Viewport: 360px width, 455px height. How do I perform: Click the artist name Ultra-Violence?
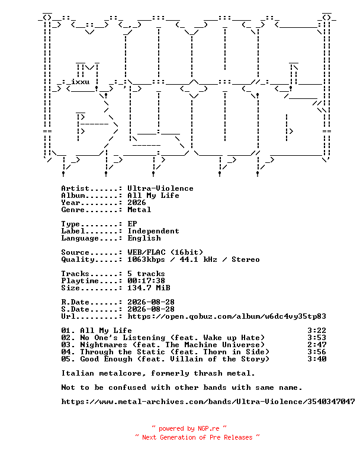pyautogui.click(x=160, y=188)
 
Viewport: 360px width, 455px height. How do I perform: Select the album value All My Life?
pyautogui.click(x=153, y=196)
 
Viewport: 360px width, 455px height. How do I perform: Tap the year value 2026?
pyautogui.click(x=137, y=203)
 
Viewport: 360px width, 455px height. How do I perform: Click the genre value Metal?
pyautogui.click(x=139, y=210)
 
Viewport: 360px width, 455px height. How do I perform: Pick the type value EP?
pyautogui.click(x=132, y=224)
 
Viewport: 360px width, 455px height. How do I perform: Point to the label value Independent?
pyautogui.click(x=153, y=231)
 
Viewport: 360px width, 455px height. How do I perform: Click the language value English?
pyautogui.click(x=144, y=238)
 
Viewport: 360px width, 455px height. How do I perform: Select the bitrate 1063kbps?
pyautogui.click(x=146, y=259)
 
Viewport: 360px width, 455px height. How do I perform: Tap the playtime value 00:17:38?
pyautogui.click(x=146, y=281)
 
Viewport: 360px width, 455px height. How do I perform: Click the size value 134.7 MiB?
pyautogui.click(x=149, y=288)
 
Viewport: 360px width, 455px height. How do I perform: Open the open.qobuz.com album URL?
pyautogui.click(x=227, y=316)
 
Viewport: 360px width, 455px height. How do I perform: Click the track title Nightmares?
pyautogui.click(x=104, y=345)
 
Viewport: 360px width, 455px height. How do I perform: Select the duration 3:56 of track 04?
pyautogui.click(x=317, y=352)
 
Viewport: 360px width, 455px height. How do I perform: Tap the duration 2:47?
pyautogui.click(x=317, y=345)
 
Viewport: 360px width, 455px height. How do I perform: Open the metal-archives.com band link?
pyautogui.click(x=208, y=402)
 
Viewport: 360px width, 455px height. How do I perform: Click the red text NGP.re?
pyautogui.click(x=208, y=428)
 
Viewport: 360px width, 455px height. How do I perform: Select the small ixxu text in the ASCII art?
pyautogui.click(x=80, y=82)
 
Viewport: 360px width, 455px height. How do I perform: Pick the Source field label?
pyautogui.click(x=75, y=252)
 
